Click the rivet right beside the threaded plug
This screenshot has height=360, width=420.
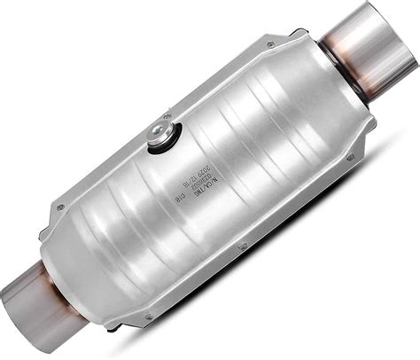click(168, 116)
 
